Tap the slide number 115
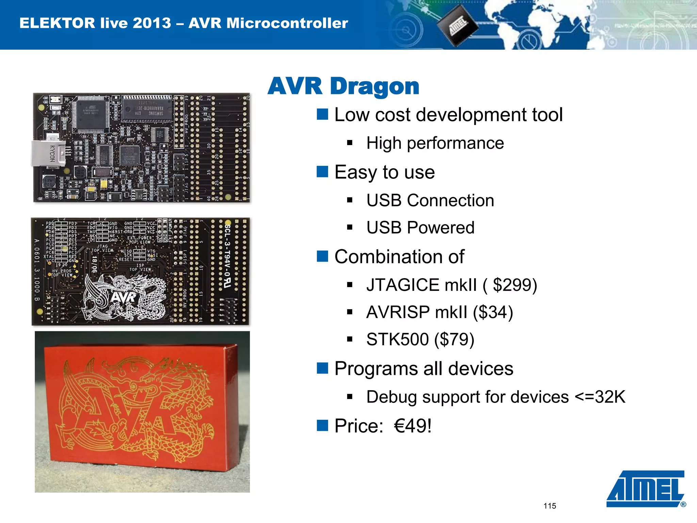[x=550, y=506]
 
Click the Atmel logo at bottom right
[x=645, y=489]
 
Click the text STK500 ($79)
[x=420, y=339]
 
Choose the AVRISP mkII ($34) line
[x=439, y=312]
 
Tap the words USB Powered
[x=420, y=227]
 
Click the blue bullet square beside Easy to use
[x=322, y=172]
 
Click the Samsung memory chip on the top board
[x=147, y=110]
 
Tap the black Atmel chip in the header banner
[x=457, y=26]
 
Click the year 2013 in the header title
[x=152, y=23]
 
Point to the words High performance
[x=435, y=143]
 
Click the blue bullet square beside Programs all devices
[x=322, y=368]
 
